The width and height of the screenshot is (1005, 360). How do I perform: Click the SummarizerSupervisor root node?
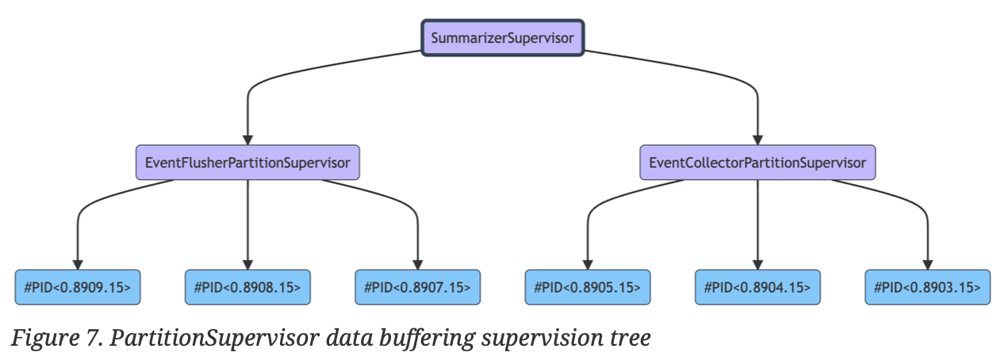(x=503, y=37)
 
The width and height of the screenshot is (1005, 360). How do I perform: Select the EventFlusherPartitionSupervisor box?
(x=247, y=163)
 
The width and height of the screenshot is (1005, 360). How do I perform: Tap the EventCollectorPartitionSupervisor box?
(x=758, y=163)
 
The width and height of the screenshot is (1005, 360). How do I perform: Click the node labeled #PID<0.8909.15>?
(x=78, y=287)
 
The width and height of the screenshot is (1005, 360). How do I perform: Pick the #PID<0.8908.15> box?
(x=247, y=287)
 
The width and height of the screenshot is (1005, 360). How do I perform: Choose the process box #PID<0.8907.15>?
(x=418, y=287)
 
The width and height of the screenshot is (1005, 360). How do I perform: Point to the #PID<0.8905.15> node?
(x=588, y=287)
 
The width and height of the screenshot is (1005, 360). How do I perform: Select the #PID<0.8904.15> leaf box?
(x=758, y=287)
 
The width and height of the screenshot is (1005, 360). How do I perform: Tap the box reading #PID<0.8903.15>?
(x=928, y=287)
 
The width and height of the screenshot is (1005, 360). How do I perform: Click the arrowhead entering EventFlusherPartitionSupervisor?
(x=247, y=140)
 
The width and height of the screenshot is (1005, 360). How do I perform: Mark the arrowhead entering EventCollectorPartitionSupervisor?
(x=758, y=140)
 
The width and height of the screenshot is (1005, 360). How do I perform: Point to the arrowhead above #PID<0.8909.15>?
(x=78, y=265)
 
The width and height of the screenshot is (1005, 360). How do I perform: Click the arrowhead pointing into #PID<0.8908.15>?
(x=247, y=265)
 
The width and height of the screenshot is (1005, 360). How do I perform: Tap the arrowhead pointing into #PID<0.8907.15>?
(x=418, y=265)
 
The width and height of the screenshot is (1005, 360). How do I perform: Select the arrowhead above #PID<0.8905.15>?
(x=588, y=265)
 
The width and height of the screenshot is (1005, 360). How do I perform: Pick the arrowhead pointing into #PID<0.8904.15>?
(x=758, y=265)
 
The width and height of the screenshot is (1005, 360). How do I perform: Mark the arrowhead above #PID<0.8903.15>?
(x=928, y=265)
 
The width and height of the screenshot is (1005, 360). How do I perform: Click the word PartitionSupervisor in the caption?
(x=214, y=338)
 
